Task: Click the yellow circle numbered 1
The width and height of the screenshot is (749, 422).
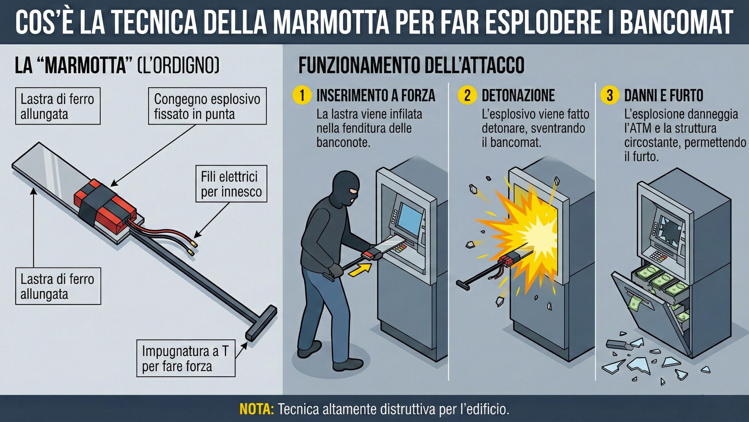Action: [302, 95]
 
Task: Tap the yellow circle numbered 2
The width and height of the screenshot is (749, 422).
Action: [467, 95]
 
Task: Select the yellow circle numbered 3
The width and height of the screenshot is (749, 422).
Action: [610, 95]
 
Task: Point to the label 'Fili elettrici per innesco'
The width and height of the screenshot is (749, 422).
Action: [231, 184]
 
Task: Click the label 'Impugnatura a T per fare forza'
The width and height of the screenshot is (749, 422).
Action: [185, 358]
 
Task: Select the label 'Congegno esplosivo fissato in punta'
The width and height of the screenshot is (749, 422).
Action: [207, 106]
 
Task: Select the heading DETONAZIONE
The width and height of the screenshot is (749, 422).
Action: [518, 95]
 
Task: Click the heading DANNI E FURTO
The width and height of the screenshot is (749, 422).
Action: [663, 95]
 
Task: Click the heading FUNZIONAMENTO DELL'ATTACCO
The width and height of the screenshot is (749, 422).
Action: [411, 65]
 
